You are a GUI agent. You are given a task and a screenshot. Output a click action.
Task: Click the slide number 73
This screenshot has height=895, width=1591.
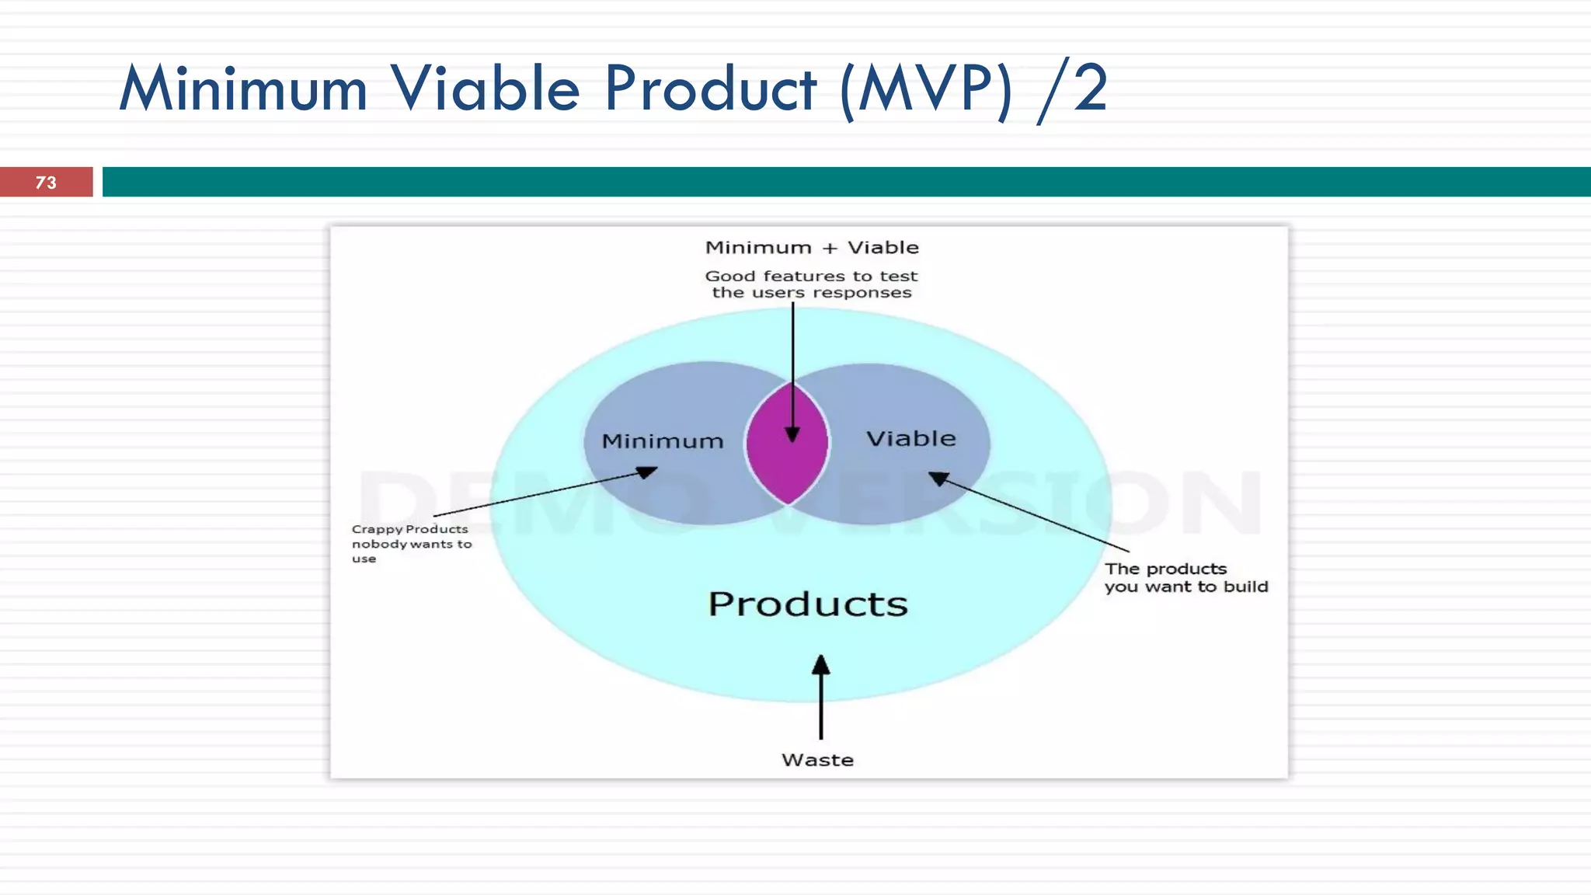coord(46,183)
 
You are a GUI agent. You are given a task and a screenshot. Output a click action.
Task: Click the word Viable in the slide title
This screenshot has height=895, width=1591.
coord(485,89)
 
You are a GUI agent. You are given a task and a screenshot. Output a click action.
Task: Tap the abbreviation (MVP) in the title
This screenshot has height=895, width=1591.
coord(926,90)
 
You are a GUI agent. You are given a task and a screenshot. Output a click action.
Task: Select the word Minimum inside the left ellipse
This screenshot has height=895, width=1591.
coord(663,441)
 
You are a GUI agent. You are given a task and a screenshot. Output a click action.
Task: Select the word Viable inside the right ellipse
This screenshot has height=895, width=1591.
coord(910,439)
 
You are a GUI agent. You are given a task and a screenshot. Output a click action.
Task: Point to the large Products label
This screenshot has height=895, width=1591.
coord(808,604)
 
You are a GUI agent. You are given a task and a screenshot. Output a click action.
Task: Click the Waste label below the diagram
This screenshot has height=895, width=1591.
coord(817,760)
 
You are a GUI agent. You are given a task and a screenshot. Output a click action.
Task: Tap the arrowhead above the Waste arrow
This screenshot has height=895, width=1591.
coord(821,665)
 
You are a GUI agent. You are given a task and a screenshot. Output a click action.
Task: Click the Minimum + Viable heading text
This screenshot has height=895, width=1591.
coord(812,248)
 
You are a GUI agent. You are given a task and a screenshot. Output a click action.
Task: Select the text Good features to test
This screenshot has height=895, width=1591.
coord(811,276)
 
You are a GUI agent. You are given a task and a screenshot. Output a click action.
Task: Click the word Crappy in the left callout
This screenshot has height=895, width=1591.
coord(377,530)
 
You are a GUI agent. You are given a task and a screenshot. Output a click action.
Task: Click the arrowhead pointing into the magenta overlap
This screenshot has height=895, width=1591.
coord(792,434)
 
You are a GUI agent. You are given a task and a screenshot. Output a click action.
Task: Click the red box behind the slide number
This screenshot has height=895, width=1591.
coord(78,183)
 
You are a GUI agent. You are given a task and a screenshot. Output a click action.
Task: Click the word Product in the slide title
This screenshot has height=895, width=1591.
coord(710,89)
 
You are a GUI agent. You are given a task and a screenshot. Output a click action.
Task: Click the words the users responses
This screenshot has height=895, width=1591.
coord(811,293)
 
